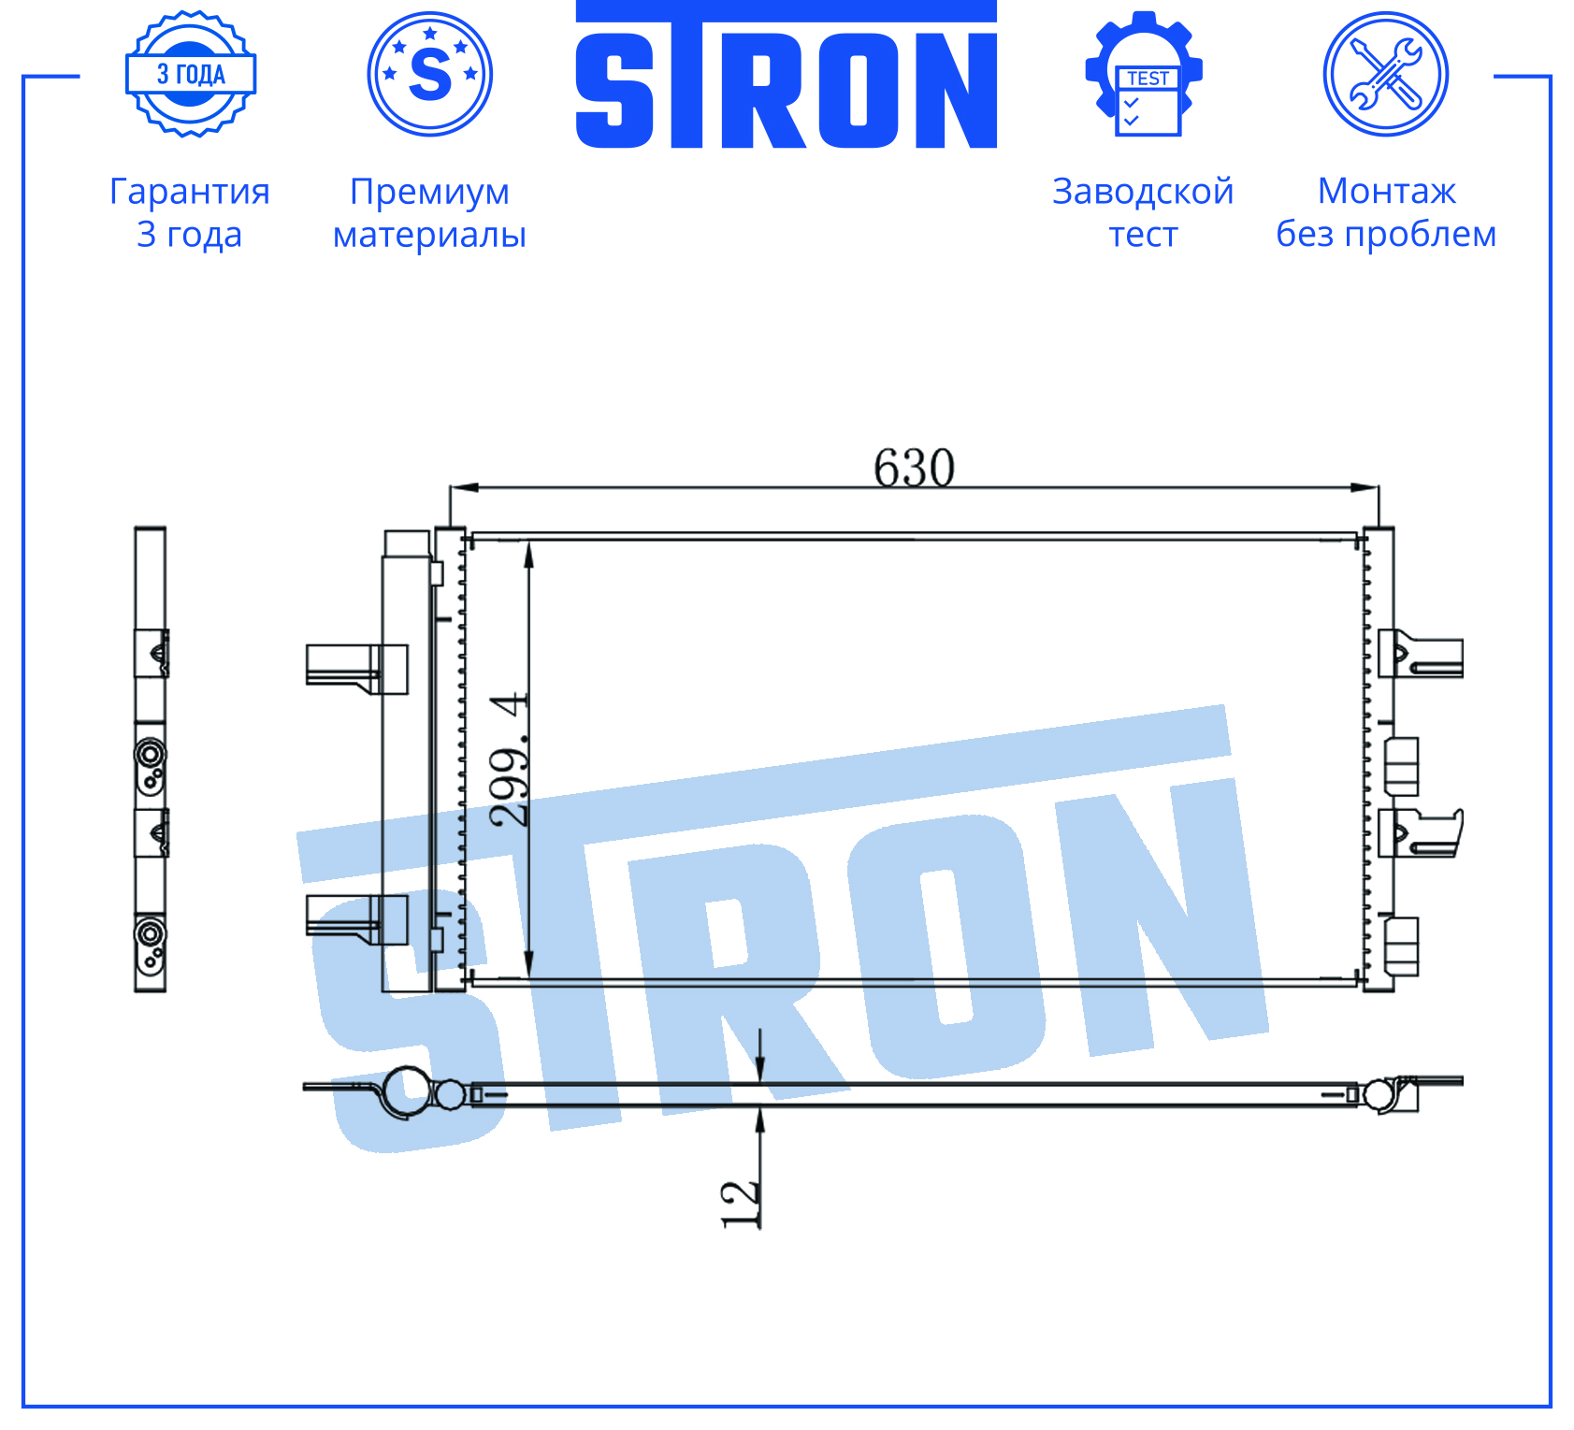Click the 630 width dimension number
914,467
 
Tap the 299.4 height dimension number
510,759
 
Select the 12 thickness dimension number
740,1203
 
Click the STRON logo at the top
786,75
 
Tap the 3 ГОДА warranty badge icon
191,74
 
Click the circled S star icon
430,74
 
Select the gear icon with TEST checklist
1144,74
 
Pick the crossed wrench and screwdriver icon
1386,74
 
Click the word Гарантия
190,192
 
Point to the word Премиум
430,192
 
